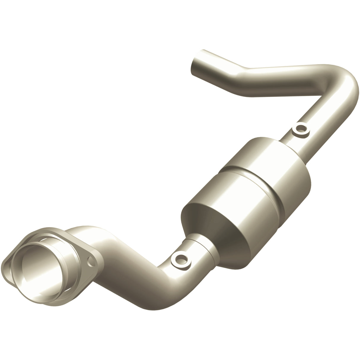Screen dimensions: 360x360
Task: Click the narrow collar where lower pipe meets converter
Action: pyautogui.click(x=202, y=255)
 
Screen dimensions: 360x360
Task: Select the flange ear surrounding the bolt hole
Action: pyautogui.click(x=93, y=261)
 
